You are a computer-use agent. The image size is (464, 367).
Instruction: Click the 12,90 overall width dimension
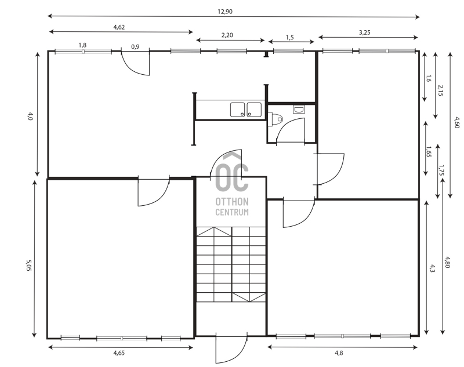click(x=225, y=12)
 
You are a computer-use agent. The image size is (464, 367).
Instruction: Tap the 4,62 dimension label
click(x=119, y=27)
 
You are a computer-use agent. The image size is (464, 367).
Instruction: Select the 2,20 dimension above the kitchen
click(x=227, y=35)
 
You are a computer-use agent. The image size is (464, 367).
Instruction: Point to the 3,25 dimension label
click(x=365, y=32)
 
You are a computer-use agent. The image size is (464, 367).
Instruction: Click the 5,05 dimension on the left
click(x=28, y=266)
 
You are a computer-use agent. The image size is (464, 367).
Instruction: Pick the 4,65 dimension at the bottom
click(x=119, y=353)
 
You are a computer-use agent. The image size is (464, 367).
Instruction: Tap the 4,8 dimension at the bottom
click(x=339, y=353)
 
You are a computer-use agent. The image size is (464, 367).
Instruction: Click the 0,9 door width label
click(x=135, y=47)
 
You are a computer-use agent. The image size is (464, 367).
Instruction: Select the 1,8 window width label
click(x=82, y=45)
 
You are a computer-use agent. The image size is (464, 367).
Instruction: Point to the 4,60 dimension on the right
click(x=456, y=123)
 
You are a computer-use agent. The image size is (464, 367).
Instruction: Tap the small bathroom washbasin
click(x=299, y=110)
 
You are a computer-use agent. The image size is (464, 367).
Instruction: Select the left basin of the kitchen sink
click(x=238, y=110)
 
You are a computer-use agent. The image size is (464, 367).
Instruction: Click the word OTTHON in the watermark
click(x=232, y=202)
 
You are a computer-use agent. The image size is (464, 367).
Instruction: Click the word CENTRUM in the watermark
click(x=232, y=212)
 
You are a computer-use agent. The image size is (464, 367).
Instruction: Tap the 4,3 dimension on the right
click(x=432, y=268)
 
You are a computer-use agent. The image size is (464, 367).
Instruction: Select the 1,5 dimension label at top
click(x=290, y=38)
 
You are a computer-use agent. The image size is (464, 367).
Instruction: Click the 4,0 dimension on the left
click(x=30, y=116)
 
